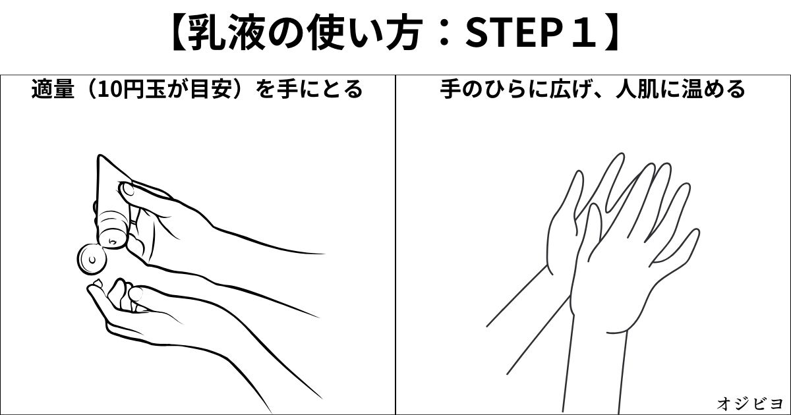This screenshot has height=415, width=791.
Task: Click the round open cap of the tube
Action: tap(91, 259)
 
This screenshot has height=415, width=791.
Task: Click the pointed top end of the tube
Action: tap(100, 156)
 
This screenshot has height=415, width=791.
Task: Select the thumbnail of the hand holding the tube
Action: tap(127, 189)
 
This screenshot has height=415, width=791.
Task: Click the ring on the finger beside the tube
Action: tap(134, 223)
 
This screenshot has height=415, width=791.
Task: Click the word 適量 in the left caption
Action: tap(53, 89)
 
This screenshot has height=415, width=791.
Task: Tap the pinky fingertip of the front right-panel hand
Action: tap(695, 232)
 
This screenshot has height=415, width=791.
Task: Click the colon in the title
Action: tap(445, 34)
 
